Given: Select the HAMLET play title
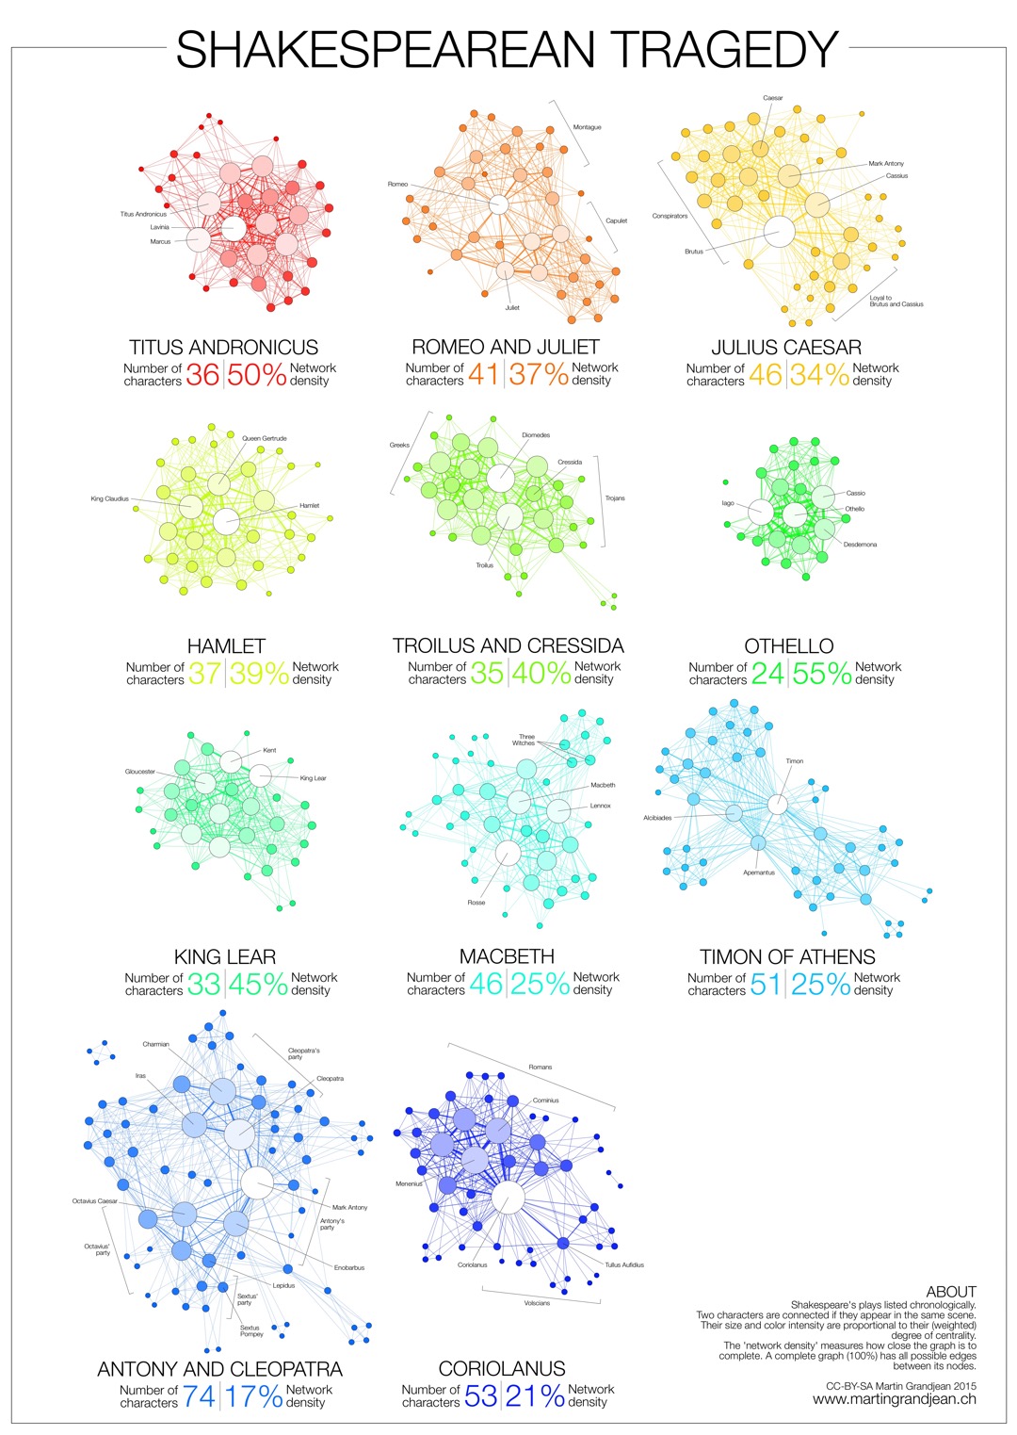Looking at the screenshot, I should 226,645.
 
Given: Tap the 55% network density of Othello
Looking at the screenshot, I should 821,674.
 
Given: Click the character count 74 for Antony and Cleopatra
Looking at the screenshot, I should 199,1395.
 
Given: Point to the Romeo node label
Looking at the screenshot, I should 397,184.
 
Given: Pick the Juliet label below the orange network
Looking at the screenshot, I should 512,307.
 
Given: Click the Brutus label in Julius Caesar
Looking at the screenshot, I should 694,252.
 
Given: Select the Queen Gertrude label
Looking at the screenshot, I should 264,438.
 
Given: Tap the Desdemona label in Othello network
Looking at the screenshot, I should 860,545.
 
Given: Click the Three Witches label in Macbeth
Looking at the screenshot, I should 525,740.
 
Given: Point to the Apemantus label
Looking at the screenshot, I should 759,872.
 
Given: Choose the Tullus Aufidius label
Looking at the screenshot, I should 624,1264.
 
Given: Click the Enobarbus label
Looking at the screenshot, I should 349,1267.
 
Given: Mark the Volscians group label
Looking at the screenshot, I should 537,1303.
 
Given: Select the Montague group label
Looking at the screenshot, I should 587,127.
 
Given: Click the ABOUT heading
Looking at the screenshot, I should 951,1292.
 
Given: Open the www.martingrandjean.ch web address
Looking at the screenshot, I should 895,1399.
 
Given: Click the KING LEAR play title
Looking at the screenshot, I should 225,956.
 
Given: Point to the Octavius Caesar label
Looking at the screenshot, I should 94,1201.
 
